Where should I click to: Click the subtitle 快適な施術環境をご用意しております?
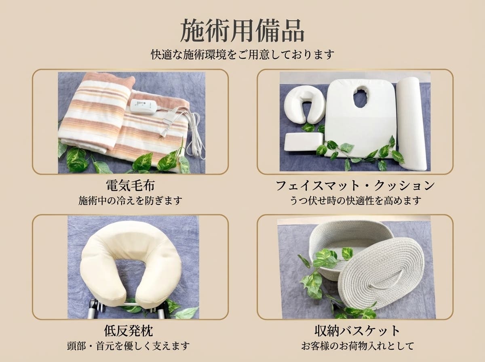pos(242,54)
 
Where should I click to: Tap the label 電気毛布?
pos(130,186)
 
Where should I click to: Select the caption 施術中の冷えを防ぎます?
pos(130,200)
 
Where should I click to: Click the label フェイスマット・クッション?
pos(355,186)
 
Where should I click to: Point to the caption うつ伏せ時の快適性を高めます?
pos(355,200)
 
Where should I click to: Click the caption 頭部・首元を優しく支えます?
pos(128,346)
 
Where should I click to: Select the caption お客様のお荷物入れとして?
pos(355,346)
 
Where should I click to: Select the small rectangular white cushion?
pos(303,142)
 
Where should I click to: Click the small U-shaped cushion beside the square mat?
pos(304,104)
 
